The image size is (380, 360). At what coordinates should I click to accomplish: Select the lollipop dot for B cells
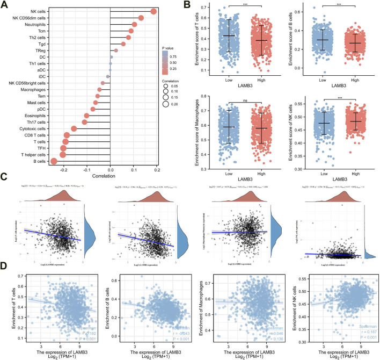[x=54, y=161]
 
